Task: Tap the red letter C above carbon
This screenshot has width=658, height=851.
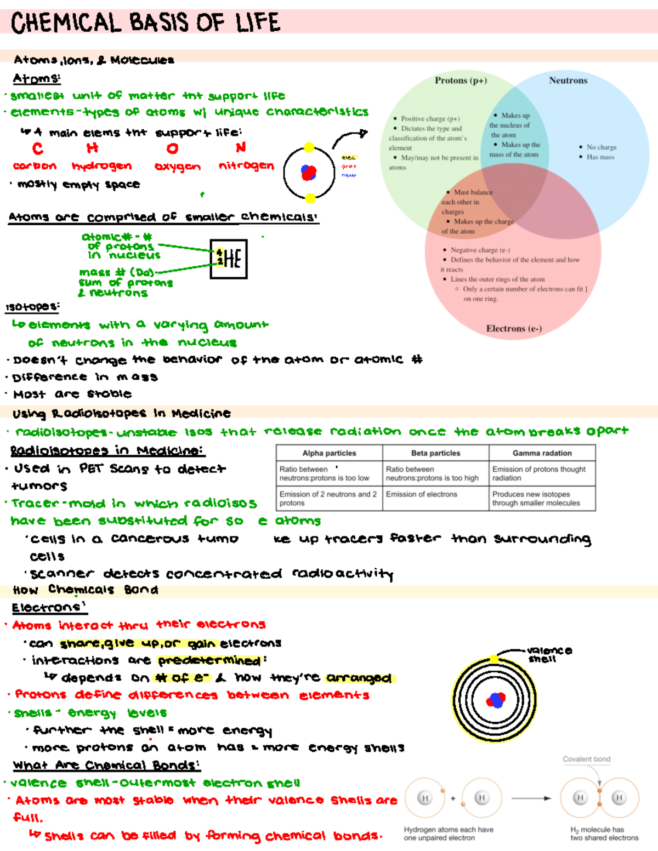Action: [37, 149]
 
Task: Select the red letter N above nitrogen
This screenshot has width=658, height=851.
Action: [241, 148]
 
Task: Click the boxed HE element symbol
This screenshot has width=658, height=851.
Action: [229, 259]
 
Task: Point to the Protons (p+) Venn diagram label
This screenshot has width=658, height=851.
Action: [461, 81]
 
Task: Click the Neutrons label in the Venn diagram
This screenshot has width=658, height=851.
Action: [568, 81]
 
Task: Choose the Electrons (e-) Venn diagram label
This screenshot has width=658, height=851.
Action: [514, 329]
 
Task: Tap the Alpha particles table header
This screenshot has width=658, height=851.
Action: [329, 453]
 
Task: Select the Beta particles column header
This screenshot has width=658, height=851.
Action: [435, 453]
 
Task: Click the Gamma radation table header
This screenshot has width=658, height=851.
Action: [542, 453]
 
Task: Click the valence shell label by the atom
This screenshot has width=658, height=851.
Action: [549, 654]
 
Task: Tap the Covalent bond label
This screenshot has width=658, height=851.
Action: [586, 759]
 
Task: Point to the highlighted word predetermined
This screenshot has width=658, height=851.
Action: [209, 661]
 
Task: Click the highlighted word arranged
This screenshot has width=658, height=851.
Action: [359, 678]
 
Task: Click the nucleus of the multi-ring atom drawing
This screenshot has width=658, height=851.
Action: [496, 700]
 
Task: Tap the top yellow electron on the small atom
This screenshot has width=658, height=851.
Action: [309, 147]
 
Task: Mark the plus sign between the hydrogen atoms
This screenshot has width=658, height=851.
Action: [453, 798]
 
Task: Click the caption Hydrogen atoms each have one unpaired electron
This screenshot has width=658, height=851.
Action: [448, 833]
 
